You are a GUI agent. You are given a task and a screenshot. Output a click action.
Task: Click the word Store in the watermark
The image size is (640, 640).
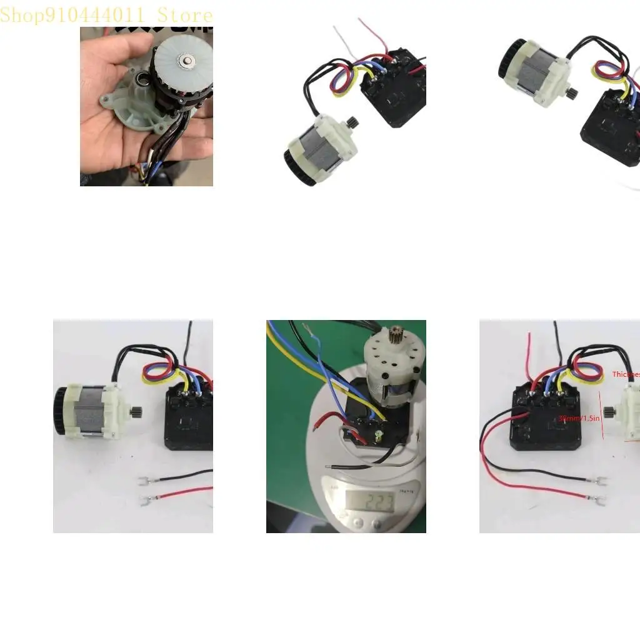185,14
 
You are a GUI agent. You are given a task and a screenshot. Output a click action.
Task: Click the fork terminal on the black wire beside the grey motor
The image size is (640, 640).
144,481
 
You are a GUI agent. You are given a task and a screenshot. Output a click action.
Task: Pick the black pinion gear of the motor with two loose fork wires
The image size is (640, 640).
136,412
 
